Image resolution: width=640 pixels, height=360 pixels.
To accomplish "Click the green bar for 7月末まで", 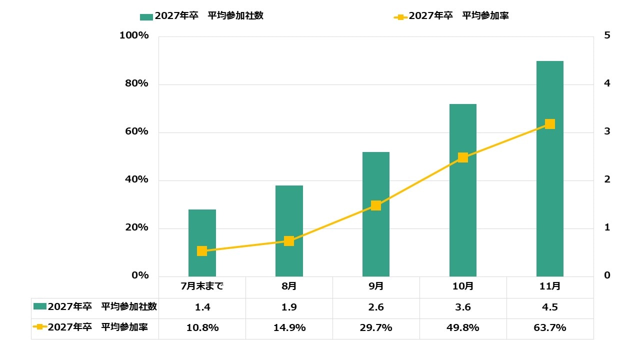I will pos(202,243).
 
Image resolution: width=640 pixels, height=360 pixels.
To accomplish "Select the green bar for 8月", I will pos(289,231).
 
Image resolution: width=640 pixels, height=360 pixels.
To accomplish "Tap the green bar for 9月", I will pos(376,214).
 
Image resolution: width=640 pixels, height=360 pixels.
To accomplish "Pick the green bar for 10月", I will pos(463,190).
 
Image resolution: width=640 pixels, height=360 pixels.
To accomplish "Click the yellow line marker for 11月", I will pos(550,124).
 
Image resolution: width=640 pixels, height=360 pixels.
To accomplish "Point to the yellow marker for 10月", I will pos(463,157).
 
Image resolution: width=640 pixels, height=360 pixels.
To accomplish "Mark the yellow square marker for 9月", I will pos(376,205).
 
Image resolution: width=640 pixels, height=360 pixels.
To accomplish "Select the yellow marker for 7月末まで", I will pos(202,251).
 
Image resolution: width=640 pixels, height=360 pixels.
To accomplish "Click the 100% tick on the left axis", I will pos(134,36).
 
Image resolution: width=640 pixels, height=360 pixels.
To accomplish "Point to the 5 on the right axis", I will pos(607,35).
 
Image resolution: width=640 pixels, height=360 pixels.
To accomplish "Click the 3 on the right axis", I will pos(607,131).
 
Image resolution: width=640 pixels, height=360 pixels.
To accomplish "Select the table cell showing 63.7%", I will pos(550,328).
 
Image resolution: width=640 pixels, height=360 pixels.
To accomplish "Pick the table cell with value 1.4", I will pos(202,307).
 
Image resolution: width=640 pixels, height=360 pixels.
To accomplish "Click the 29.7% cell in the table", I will pos(376,328).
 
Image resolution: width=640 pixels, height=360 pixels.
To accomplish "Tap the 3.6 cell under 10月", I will pos(463,307).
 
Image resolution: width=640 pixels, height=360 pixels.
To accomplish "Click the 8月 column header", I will pos(289,286).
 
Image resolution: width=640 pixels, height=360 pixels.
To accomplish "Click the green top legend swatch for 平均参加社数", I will pos(146,16).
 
